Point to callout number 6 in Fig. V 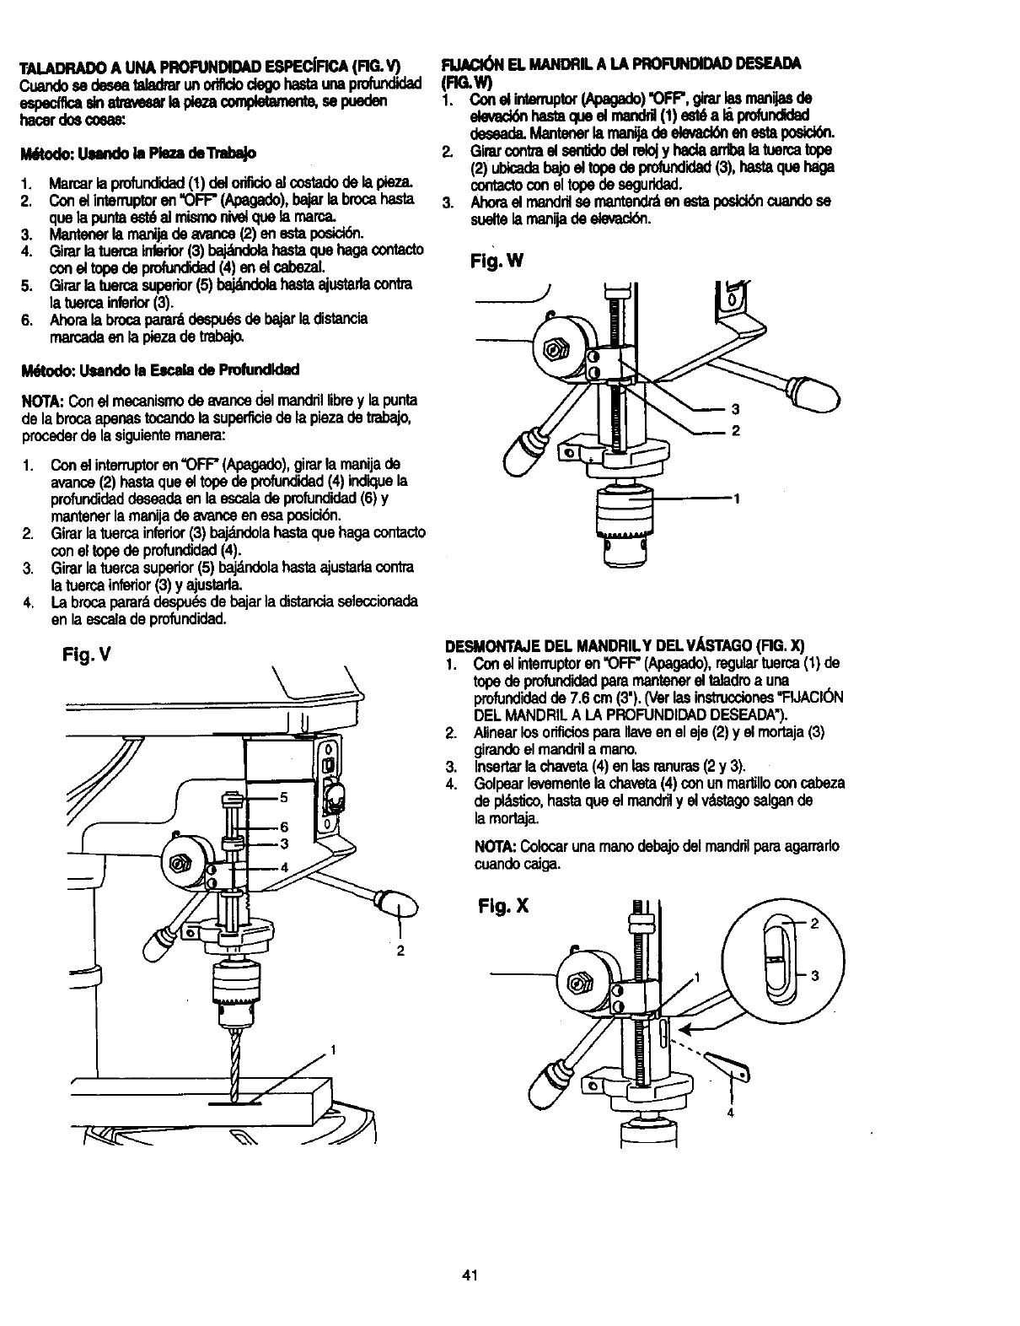pyautogui.click(x=284, y=827)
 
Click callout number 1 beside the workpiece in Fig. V pyautogui.click(x=334, y=1050)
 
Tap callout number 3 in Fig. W pyautogui.click(x=735, y=410)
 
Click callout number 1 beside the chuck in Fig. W pyautogui.click(x=736, y=499)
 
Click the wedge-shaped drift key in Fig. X pyautogui.click(x=725, y=1070)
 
